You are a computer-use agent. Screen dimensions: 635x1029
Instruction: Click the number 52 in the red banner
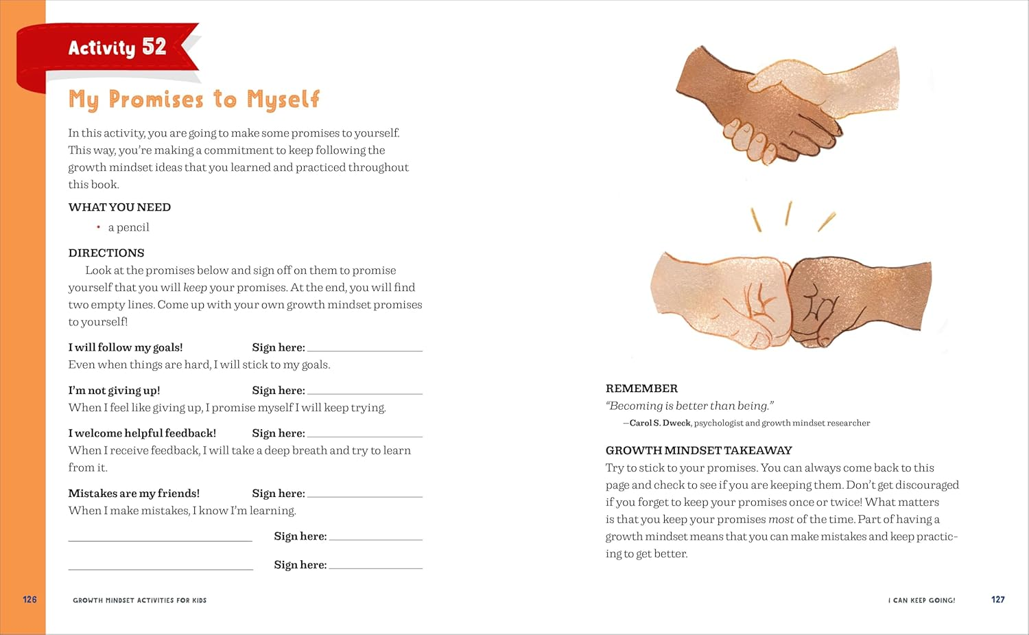point(154,47)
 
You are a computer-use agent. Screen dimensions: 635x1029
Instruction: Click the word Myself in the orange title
point(283,100)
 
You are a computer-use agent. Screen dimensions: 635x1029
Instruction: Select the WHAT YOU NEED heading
point(119,207)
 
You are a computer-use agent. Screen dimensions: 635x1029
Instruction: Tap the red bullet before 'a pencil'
point(99,227)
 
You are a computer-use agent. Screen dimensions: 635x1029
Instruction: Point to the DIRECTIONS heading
point(106,253)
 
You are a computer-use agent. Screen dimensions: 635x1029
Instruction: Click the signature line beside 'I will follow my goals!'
point(365,350)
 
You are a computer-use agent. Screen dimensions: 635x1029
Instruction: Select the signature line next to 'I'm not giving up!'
point(365,393)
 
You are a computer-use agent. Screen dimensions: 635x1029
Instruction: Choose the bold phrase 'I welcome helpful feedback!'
point(142,433)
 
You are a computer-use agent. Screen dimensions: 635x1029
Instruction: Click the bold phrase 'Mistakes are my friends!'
point(134,494)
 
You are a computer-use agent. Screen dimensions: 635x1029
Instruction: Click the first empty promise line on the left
point(160,540)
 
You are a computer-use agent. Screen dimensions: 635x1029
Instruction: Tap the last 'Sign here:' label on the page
point(300,565)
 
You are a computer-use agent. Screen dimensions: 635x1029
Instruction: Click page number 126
point(29,599)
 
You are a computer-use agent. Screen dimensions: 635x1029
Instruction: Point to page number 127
point(997,599)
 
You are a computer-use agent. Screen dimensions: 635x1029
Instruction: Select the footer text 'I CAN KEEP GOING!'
point(921,600)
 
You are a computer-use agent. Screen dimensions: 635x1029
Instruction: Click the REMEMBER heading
point(641,389)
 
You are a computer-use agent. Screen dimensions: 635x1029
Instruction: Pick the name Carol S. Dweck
point(660,423)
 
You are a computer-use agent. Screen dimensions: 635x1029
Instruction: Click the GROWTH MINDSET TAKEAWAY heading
point(698,450)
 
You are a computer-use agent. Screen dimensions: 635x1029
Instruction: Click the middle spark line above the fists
point(788,213)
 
